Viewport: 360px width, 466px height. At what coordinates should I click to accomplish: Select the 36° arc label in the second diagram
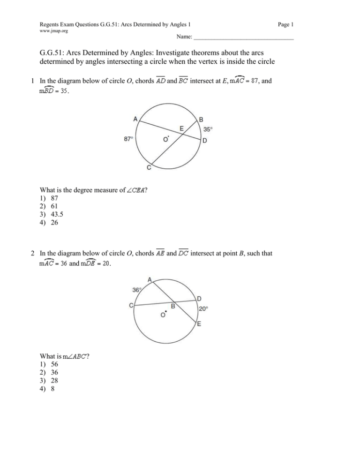click(136, 290)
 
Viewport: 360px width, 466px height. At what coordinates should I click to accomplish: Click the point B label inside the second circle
click(172, 307)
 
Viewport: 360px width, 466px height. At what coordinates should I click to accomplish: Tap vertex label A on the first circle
click(135, 119)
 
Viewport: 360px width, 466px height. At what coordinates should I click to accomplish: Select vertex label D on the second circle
click(200, 298)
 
